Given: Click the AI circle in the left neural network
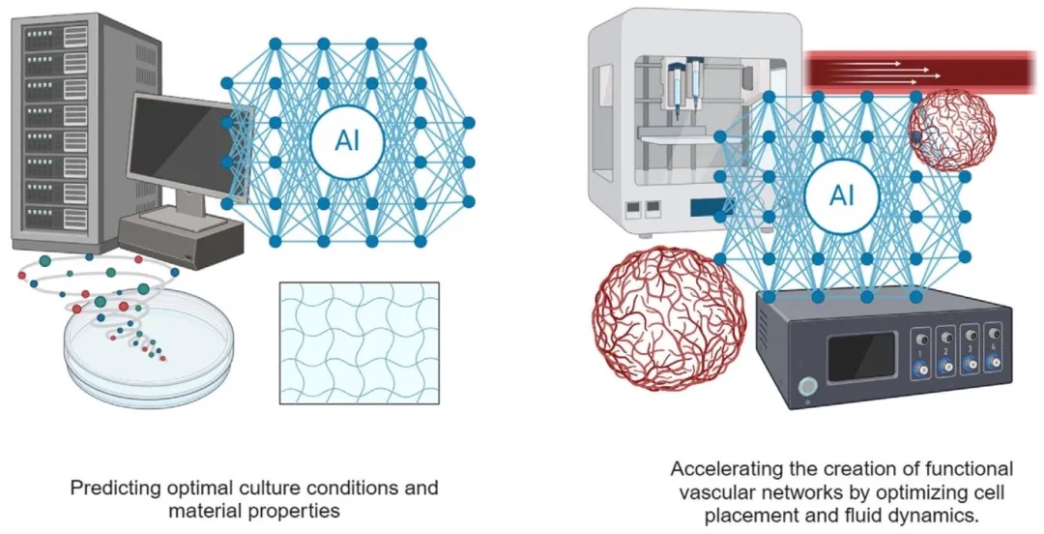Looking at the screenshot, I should pyautogui.click(x=347, y=142).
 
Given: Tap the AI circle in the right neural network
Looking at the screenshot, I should pyautogui.click(x=841, y=196).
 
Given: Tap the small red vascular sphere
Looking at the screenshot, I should pyautogui.click(x=952, y=129).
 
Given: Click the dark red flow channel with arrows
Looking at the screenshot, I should pyautogui.click(x=918, y=71).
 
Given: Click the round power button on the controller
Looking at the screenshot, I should pyautogui.click(x=804, y=390).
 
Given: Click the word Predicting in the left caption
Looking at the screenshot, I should pyautogui.click(x=109, y=488).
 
